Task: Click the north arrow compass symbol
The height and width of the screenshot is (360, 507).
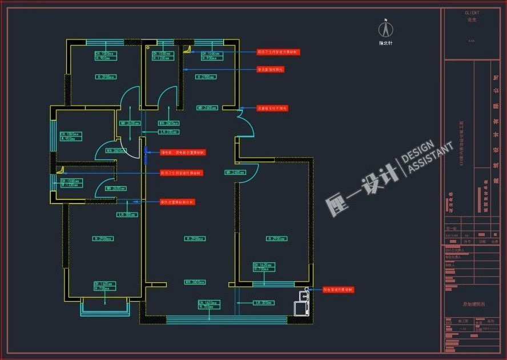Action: pos(387,29)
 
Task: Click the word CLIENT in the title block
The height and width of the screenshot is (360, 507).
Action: pos(472,13)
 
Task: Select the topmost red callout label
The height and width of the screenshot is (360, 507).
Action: pos(278,52)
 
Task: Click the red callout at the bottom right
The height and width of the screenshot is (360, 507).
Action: pos(338,290)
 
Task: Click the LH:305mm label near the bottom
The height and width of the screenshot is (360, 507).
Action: pos(264,302)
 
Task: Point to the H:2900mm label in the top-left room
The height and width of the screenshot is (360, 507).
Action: pos(106,76)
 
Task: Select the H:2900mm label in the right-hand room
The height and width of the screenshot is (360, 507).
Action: pos(276,238)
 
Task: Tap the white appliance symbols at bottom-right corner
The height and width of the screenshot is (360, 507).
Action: pos(300,303)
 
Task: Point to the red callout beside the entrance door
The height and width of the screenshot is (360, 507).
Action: pos(272,108)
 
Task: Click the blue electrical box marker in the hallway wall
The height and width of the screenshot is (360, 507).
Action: pos(146,152)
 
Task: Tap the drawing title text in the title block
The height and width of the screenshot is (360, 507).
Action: pos(474,305)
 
